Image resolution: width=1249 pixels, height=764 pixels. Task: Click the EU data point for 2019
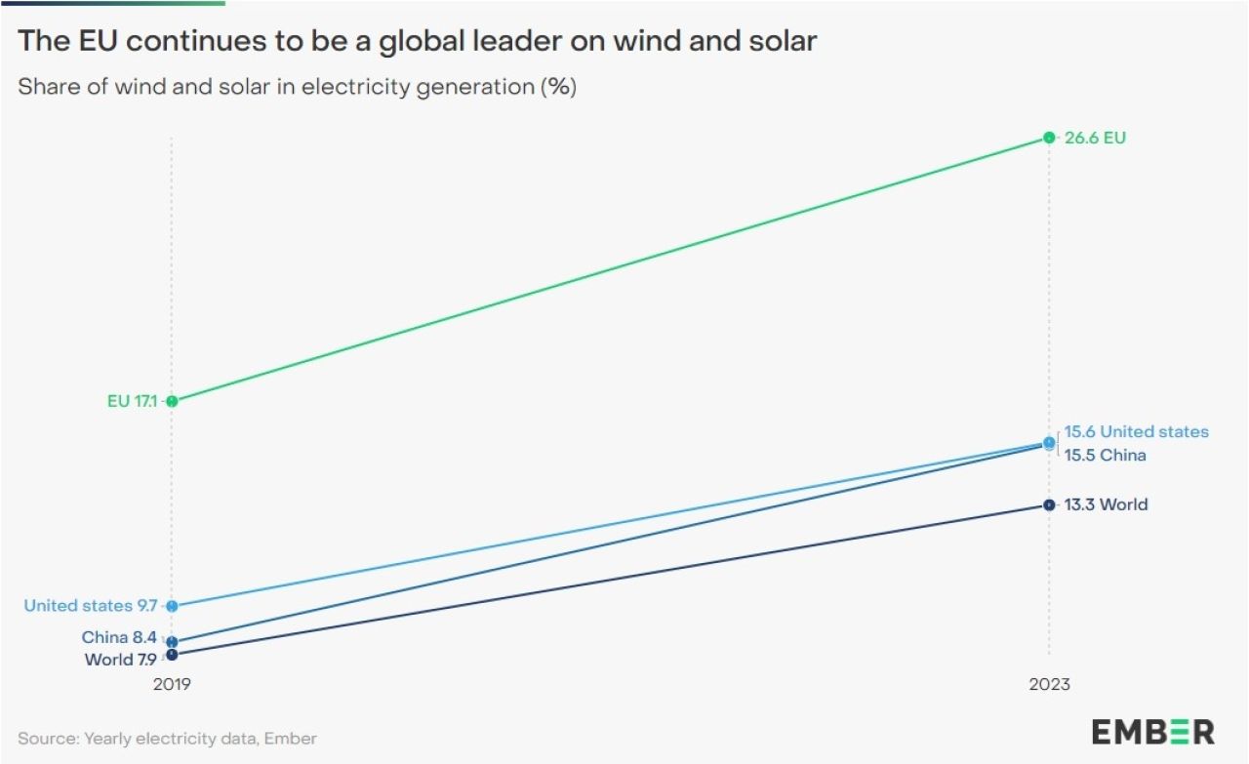172,401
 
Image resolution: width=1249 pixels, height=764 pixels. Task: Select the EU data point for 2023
1049,138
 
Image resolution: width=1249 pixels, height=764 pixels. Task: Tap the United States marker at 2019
172,606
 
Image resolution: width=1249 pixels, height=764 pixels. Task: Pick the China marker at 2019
172,642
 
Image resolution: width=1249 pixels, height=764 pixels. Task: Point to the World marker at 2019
172,655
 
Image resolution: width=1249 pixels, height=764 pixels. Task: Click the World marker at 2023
1049,505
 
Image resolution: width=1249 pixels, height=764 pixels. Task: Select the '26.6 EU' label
1095,138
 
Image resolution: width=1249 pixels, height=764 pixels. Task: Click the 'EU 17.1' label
132,401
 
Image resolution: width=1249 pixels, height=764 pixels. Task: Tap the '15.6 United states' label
1136,431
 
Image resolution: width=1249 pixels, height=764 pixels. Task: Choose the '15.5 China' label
1105,456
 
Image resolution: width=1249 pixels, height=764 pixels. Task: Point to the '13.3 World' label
1106,504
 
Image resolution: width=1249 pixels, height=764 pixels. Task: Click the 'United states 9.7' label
90,606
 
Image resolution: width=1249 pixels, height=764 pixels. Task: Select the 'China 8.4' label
119,638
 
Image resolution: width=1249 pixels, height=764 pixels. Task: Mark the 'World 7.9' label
121,660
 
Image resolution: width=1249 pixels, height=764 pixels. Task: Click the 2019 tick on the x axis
172,684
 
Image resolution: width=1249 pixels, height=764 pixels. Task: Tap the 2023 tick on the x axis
1049,684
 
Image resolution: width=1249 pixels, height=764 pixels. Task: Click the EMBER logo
1152,732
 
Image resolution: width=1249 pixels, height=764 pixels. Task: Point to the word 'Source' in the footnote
48,739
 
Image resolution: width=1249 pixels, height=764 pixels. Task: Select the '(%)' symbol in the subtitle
558,86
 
